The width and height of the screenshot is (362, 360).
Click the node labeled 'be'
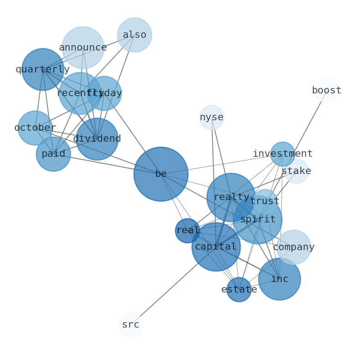coord(160,174)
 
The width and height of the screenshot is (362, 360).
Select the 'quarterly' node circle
coord(43,69)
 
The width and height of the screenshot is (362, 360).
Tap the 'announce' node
coord(83,47)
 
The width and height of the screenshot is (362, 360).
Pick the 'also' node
coord(134,35)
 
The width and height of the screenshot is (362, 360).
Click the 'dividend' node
coord(97,139)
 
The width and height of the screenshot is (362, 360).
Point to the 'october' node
coord(35,128)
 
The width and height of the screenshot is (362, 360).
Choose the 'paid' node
coord(53,154)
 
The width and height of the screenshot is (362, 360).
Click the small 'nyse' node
coord(212,118)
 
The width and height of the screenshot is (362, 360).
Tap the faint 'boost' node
coord(327,90)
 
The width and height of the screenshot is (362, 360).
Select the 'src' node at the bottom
coord(130,324)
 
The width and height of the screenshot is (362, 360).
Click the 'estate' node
coord(239,289)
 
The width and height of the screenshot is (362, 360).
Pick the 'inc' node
coord(279,279)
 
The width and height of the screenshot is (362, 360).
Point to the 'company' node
coord(294,247)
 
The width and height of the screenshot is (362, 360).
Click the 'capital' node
coord(216,247)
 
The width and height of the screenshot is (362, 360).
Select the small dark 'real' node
coord(187,231)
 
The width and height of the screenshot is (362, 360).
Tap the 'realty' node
coord(231,197)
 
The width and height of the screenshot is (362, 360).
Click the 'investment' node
coord(283,154)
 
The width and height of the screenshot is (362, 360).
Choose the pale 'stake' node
coord(296,171)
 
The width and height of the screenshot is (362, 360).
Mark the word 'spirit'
coord(258,219)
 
